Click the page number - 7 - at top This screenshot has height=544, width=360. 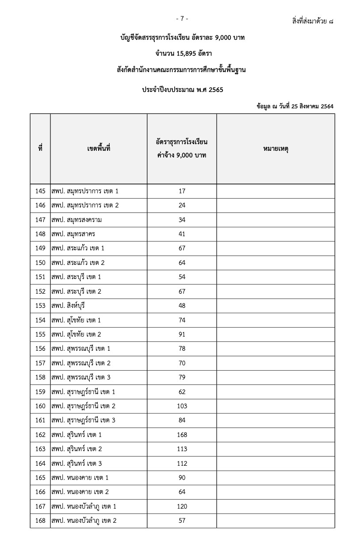coord(182,19)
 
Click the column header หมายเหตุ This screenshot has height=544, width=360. coord(276,149)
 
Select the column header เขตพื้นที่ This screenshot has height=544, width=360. coord(99,149)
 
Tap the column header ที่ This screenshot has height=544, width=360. coord(40,149)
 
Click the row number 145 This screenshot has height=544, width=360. coord(40,191)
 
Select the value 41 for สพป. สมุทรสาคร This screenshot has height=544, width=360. coord(182,234)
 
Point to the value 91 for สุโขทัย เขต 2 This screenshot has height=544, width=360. coord(182,334)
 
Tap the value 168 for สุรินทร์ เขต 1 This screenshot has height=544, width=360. coord(182,435)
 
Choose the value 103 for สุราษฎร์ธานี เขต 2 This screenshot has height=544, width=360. coord(182,406)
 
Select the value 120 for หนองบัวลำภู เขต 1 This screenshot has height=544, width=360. coord(182,506)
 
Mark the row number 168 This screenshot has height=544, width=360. coord(40,521)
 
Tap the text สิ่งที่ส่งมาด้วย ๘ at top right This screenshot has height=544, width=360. coord(313,20)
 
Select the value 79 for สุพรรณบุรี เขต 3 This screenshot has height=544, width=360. coord(182,377)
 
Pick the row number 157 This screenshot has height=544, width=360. coord(40,363)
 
